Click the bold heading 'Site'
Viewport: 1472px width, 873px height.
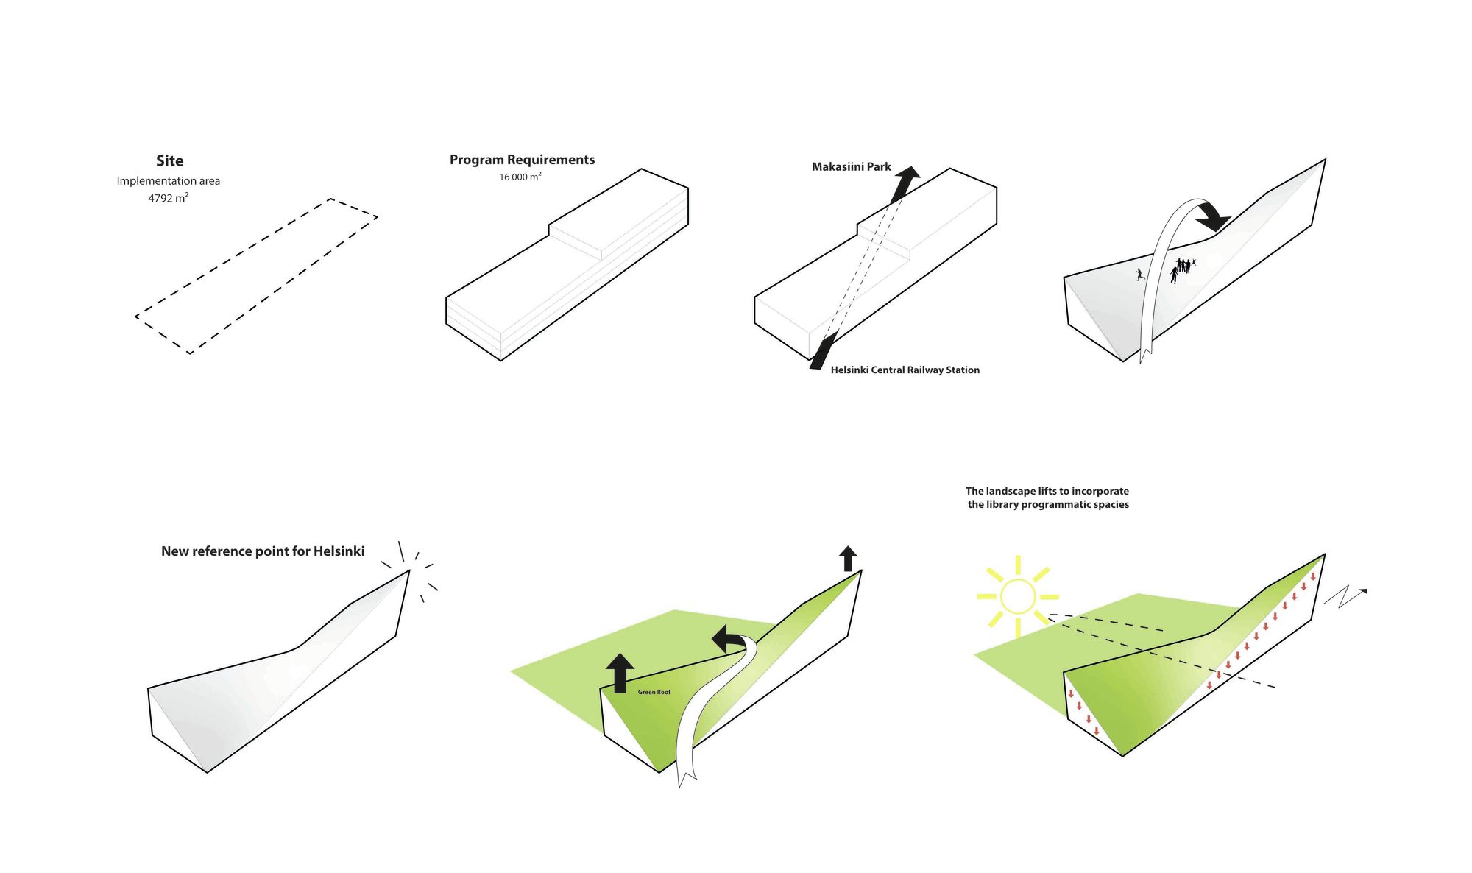click(x=169, y=160)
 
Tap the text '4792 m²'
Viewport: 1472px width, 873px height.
click(x=168, y=198)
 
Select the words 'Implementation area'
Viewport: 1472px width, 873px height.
click(x=168, y=181)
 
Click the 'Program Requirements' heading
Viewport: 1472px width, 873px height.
click(x=522, y=160)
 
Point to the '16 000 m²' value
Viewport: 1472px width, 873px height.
click(x=520, y=177)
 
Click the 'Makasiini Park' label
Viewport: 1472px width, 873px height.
click(x=851, y=167)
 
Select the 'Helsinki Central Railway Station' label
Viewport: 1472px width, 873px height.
click(x=905, y=370)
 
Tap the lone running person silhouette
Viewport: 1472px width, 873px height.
click(x=1139, y=275)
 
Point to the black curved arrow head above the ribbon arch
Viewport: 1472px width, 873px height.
click(x=1213, y=217)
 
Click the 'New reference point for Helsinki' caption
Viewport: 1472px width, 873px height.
click(x=263, y=551)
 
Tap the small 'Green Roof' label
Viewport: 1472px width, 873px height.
click(x=654, y=692)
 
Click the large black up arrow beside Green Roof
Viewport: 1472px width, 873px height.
click(x=620, y=671)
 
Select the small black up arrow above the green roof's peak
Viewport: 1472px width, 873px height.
click(x=848, y=558)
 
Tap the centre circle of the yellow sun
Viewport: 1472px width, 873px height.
click(x=1018, y=597)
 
